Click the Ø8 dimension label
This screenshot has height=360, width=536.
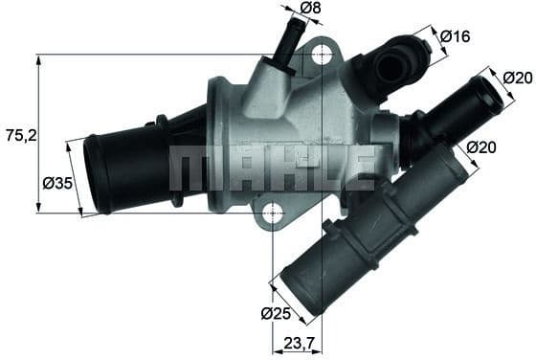(309, 10)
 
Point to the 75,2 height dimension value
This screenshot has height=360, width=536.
(18, 135)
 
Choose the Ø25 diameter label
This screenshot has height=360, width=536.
(275, 312)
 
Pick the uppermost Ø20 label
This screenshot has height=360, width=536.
(517, 79)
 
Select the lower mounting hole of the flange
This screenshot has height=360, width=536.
(272, 213)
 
